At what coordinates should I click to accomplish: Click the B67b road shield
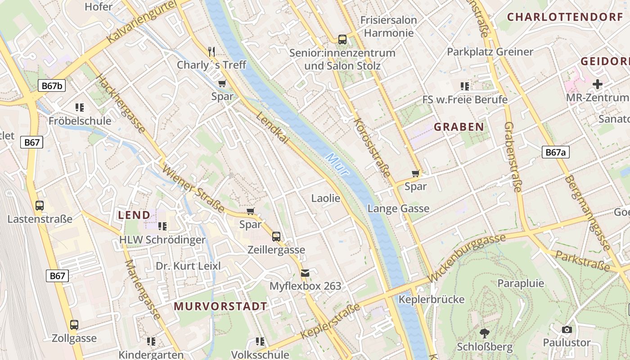(x=52, y=86)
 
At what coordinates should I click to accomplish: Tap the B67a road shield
(x=555, y=152)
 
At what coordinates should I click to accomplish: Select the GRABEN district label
(x=459, y=127)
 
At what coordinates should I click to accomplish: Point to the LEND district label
(x=134, y=215)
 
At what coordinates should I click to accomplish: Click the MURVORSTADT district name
(x=220, y=306)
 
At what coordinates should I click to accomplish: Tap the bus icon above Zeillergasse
(x=276, y=236)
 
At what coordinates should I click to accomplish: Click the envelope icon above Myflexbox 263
(x=305, y=273)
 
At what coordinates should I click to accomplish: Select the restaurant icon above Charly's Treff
(x=211, y=51)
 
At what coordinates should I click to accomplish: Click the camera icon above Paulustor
(x=567, y=329)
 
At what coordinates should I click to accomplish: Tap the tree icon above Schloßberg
(x=485, y=333)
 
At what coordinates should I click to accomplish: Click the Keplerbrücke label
(x=432, y=299)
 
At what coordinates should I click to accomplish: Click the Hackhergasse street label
(x=121, y=103)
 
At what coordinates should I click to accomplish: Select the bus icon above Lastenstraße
(x=40, y=206)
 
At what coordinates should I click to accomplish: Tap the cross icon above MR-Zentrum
(x=597, y=84)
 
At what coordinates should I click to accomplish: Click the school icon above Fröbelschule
(x=80, y=107)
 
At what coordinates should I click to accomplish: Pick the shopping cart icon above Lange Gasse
(x=416, y=173)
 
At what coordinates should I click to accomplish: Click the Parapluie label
(x=521, y=283)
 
